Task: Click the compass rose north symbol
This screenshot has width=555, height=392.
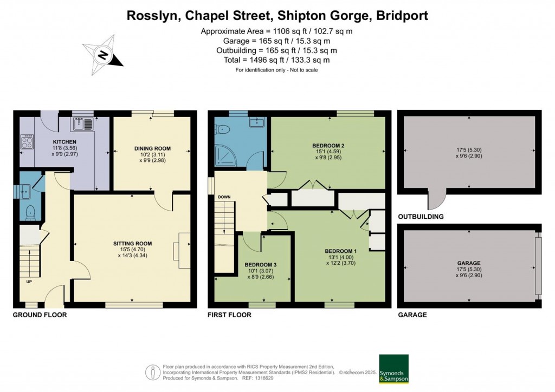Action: tap(102, 55)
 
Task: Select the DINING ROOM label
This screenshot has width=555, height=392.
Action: tap(152, 148)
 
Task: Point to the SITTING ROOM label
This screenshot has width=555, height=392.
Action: tap(132, 244)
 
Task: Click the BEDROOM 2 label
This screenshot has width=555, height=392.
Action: tap(328, 146)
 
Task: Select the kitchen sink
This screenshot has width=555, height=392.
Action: tap(83, 124)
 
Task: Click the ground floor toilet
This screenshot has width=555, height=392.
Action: tap(30, 212)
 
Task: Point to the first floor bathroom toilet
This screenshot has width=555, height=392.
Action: tap(224, 129)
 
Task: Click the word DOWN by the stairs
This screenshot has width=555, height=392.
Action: tap(224, 197)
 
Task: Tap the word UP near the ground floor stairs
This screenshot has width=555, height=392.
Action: tap(29, 282)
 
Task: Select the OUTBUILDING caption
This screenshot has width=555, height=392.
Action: tap(421, 217)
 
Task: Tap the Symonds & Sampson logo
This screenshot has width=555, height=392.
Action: tap(393, 369)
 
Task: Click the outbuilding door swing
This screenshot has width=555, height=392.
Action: tap(436, 201)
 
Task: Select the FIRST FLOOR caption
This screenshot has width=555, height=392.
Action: tap(229, 315)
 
